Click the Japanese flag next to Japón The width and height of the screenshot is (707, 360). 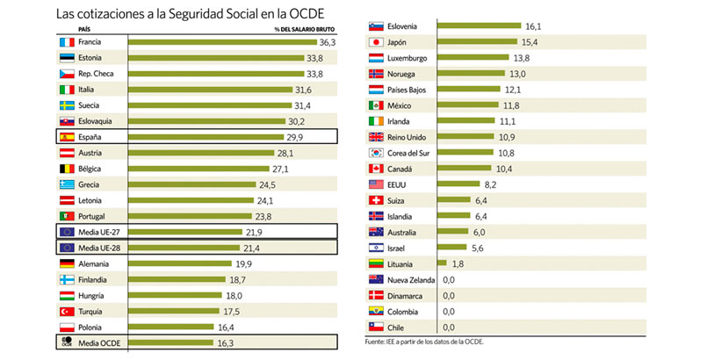[x=374, y=42]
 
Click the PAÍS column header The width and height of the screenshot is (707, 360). [x=62, y=28]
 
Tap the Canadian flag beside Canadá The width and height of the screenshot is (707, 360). [x=374, y=169]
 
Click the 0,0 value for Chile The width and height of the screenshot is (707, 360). [x=449, y=327]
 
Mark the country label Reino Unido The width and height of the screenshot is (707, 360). [x=408, y=137]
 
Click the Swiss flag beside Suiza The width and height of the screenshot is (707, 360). [x=374, y=200]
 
